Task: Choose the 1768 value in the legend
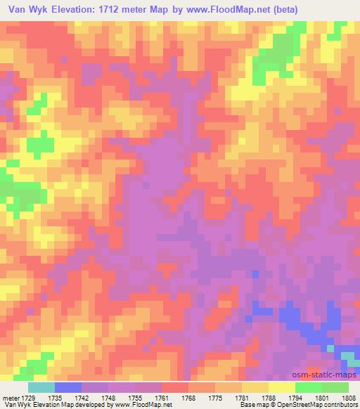point(190,397)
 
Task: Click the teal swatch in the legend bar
point(41,387)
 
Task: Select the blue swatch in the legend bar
point(68,387)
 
